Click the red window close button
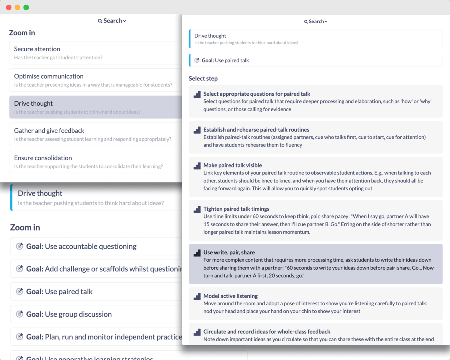[x=9, y=7]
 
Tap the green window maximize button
[x=26, y=7]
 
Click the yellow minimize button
[x=18, y=7]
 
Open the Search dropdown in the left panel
[x=112, y=21]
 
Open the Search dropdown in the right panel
[x=316, y=22]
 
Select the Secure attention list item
[x=37, y=49]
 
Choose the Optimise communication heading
[x=49, y=76]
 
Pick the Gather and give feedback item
[x=49, y=131]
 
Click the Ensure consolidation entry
[x=43, y=158]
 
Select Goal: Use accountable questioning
[x=81, y=246]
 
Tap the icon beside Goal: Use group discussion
[x=19, y=314]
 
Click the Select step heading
[x=203, y=78]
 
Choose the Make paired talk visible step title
[x=232, y=165]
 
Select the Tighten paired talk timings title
[x=236, y=209]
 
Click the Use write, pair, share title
[x=229, y=252]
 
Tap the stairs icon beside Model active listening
[x=197, y=297]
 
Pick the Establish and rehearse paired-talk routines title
[x=256, y=130]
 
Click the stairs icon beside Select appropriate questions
[x=197, y=94]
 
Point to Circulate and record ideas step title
[x=266, y=332]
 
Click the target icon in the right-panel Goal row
[x=197, y=60]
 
